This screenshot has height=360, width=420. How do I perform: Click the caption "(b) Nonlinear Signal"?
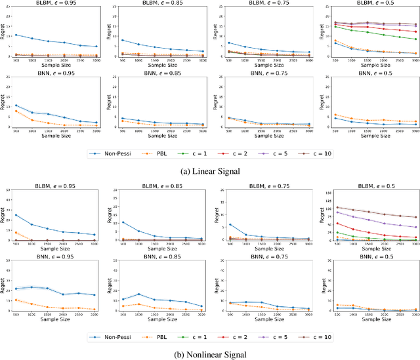209,354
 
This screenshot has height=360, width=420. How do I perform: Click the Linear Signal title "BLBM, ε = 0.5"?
371,4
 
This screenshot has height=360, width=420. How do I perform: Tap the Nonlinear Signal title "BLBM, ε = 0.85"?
161,186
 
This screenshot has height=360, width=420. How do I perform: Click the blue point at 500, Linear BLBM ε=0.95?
15,35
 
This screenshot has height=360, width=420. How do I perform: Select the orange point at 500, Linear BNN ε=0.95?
15,111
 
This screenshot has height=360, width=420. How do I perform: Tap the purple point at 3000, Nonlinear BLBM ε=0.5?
415,227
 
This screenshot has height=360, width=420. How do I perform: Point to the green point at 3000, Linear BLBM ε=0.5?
415,39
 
